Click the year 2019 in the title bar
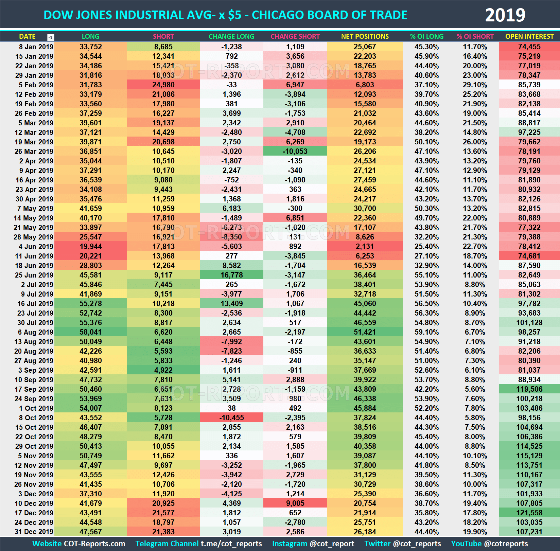pos(505,15)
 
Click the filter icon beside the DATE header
pos(51,37)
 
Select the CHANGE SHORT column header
pos(295,36)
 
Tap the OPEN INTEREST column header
pos(529,36)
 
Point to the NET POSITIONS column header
pos(365,36)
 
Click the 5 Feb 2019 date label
pos(36,85)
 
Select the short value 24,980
pos(163,85)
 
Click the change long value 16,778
pos(231,275)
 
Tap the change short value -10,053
pos(295,152)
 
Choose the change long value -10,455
pos(231,418)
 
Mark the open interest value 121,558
pos(529,513)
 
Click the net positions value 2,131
pos(365,247)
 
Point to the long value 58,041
pos(90,332)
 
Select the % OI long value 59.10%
pos(426,332)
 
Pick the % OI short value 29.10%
pos(475,85)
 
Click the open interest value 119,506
pos(529,389)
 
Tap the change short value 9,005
pos(295,503)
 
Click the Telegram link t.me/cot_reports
pos(231,544)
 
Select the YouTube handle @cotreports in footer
pos(506,544)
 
